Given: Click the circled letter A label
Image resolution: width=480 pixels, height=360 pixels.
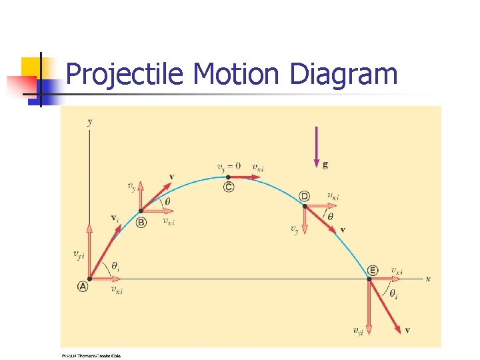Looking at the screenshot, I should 83,286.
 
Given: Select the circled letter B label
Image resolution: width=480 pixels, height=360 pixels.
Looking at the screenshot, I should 141,223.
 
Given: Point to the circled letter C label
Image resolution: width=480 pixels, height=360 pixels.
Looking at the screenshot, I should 229,187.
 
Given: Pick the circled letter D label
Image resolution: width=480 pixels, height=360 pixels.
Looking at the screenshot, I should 305,196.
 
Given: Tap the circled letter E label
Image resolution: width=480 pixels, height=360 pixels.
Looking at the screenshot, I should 372,270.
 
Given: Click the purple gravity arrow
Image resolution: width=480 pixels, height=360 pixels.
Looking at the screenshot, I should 316,146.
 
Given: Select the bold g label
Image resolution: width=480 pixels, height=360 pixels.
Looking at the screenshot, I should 325,163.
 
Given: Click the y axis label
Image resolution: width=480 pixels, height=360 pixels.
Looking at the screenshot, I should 89,121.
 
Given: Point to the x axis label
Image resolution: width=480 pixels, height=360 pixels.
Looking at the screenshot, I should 427,279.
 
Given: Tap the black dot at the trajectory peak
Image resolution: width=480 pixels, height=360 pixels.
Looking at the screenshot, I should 229,177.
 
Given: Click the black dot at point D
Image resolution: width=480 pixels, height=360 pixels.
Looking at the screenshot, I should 305,206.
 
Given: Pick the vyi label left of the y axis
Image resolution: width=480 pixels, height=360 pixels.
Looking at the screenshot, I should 78,253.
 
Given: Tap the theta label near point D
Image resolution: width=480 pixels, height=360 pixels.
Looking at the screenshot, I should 331,216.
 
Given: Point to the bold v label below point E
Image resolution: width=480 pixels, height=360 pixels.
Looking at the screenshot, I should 407,330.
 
